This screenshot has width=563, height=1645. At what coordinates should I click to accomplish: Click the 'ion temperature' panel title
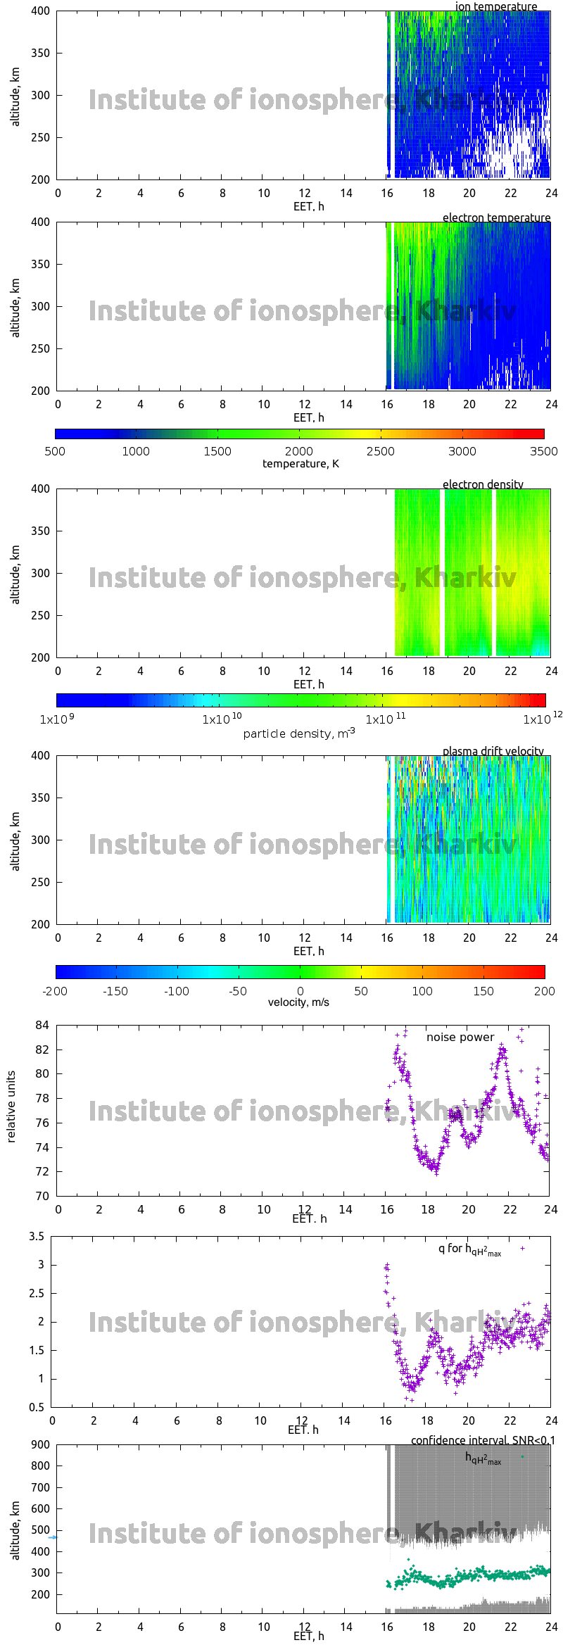point(495,6)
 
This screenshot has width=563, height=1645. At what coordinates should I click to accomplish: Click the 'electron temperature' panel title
point(496,218)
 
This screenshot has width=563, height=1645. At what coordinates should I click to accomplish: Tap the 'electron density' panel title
point(483,484)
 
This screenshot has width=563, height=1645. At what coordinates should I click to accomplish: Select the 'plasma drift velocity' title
point(493,751)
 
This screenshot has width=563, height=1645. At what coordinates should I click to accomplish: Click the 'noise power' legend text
point(460,1037)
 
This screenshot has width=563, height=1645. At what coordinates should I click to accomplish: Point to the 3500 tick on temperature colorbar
point(543,451)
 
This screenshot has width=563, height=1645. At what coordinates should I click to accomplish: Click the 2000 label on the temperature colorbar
point(299,451)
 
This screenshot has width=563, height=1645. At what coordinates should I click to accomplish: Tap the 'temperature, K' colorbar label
point(301,463)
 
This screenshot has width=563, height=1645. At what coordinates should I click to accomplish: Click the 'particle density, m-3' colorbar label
point(299,733)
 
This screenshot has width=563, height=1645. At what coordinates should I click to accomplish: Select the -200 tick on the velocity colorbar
point(55,991)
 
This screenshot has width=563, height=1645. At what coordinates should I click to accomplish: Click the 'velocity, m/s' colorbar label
point(298,1002)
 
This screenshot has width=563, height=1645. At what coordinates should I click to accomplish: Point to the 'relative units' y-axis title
point(11,1107)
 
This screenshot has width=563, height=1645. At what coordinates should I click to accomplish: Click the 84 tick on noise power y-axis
point(42,1025)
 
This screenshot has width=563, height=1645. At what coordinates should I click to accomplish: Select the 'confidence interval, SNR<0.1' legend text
point(483,1440)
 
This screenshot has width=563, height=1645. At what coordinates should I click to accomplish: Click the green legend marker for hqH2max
point(522,1456)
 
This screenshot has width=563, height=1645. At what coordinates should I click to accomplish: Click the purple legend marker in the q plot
point(522,1248)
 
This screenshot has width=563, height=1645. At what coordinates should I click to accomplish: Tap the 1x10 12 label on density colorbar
point(542,719)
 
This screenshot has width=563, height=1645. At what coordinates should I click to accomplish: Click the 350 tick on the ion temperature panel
point(41,53)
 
